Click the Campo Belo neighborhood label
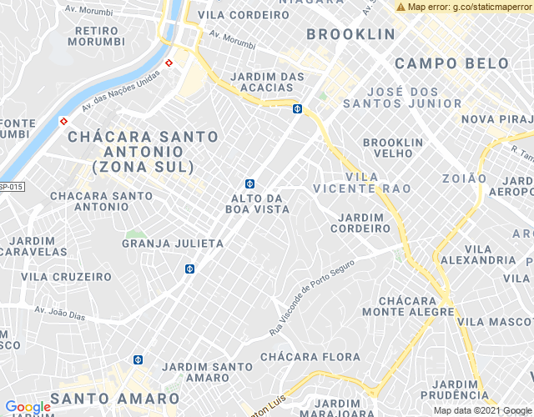(451, 63)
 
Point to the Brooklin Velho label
(393, 148)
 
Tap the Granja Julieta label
(173, 244)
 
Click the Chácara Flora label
(310, 357)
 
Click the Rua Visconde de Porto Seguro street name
(312, 297)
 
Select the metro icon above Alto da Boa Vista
(249, 183)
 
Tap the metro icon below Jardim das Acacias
(297, 108)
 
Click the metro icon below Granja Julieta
(189, 269)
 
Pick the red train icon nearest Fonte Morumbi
(63, 121)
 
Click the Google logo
(28, 406)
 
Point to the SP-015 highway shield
(10, 187)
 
